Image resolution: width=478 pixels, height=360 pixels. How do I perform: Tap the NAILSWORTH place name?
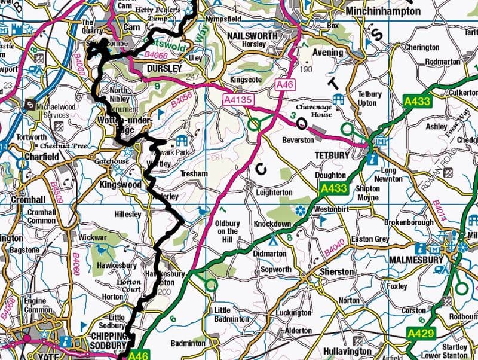(x=252, y=36)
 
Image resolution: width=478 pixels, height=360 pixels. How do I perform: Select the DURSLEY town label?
(x=163, y=69)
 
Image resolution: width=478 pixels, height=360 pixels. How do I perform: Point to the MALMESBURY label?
(x=416, y=260)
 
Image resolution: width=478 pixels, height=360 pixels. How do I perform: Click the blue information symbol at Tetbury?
(x=373, y=158)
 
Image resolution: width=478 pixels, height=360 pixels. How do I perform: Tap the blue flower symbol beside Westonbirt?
(x=300, y=210)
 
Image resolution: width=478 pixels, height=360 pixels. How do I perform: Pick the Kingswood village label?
(x=121, y=185)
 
